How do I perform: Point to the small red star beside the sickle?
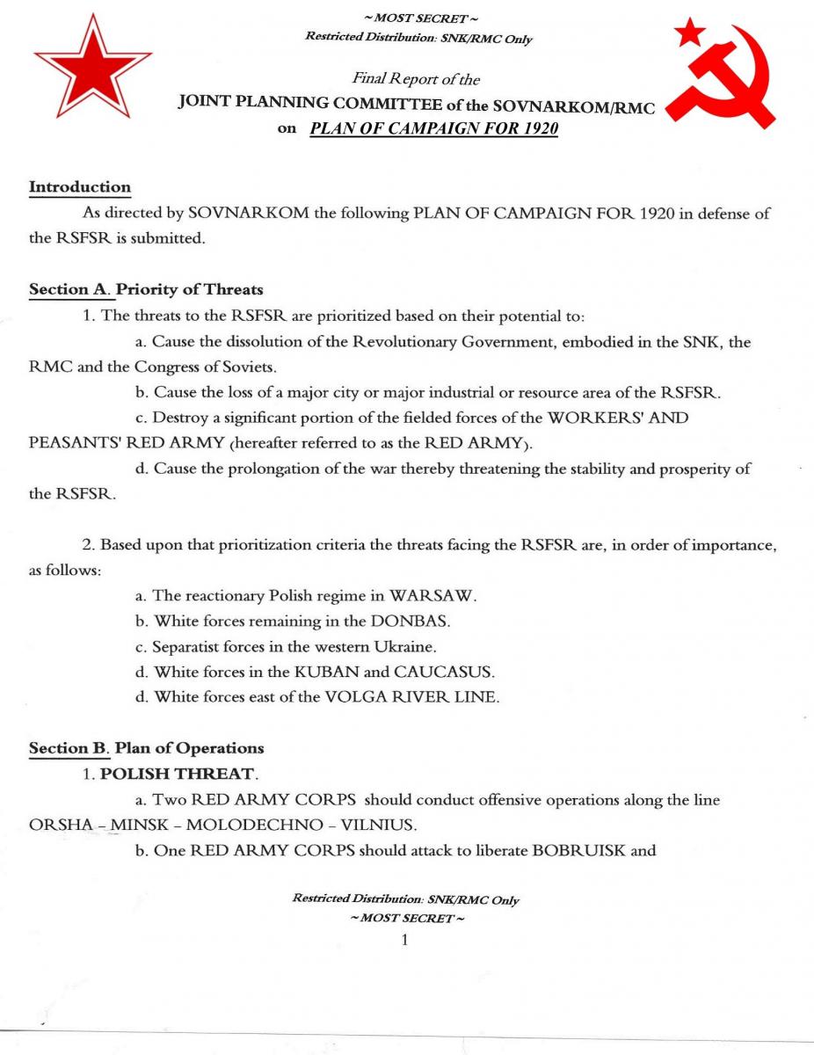pos(690,34)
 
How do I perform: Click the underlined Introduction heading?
pos(80,187)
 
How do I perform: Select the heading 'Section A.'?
pos(70,288)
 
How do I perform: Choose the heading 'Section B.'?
pos(70,748)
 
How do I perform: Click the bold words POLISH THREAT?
pos(177,774)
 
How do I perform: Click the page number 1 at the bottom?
pos(404,941)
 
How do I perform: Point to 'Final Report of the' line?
pos(416,80)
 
